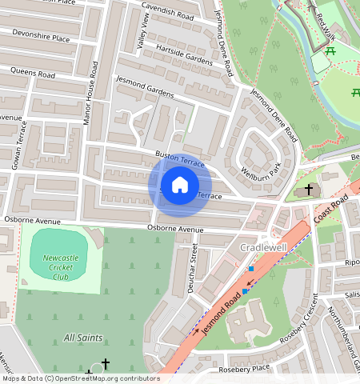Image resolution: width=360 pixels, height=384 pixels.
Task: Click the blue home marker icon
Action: [x=180, y=186]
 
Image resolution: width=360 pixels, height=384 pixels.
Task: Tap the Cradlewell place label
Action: [x=263, y=248]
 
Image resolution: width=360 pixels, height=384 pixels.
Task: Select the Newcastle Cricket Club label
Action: [x=61, y=262]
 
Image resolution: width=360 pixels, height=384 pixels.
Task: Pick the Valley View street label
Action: [x=143, y=33]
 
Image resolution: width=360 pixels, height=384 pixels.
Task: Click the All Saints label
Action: [x=83, y=338]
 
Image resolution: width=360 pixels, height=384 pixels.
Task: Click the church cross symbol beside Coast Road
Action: [x=309, y=190]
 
